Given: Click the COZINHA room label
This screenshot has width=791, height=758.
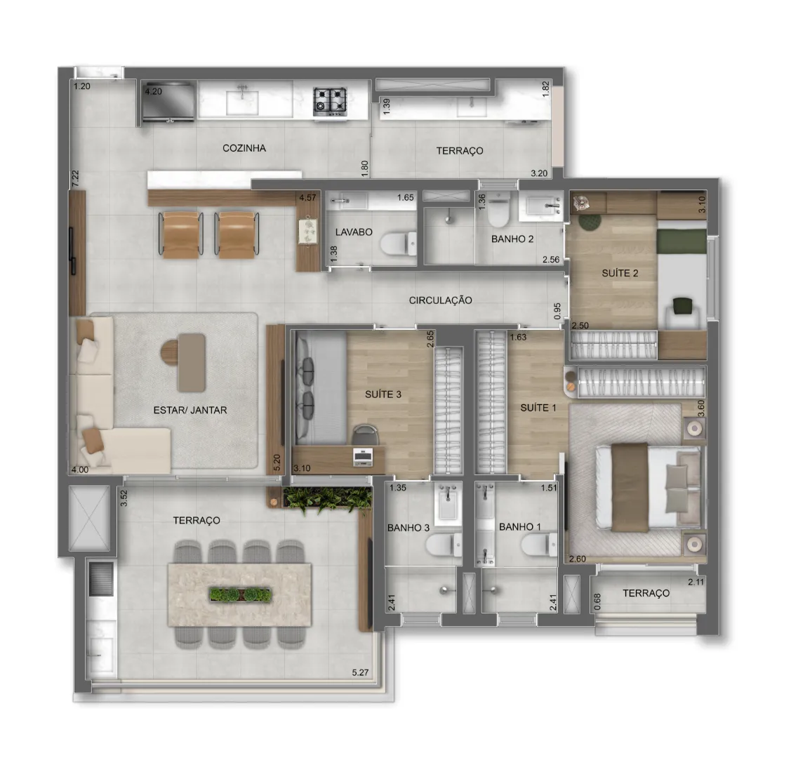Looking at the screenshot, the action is tap(244, 148).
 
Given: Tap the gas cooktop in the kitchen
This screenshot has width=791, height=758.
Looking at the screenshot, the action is tap(330, 100).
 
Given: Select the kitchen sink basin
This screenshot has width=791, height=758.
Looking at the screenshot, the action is tap(242, 102).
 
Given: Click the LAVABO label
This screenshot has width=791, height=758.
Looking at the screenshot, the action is tap(354, 232).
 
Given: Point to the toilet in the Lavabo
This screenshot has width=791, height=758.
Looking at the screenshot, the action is tap(399, 244).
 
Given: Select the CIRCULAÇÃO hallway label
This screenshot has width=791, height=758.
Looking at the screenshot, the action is tap(440, 300).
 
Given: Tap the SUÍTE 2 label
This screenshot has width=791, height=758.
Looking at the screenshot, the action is tap(620, 273).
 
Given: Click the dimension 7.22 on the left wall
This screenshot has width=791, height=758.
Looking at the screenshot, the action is tap(75, 179).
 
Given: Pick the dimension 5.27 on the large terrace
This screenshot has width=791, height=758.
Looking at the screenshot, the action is tap(360, 672).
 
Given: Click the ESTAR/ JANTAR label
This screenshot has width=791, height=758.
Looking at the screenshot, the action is tap(190, 410).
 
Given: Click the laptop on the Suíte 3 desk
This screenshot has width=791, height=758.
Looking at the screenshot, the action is tap(364, 456).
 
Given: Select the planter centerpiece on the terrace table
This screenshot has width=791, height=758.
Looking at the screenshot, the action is tap(241, 595).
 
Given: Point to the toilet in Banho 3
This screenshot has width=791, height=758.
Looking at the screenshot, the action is tap(444, 545).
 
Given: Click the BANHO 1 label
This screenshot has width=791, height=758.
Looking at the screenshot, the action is tap(519, 526).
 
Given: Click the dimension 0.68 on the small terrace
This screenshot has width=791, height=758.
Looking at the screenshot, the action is tap(597, 601).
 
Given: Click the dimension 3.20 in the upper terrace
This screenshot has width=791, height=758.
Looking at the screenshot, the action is tap(539, 173).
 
